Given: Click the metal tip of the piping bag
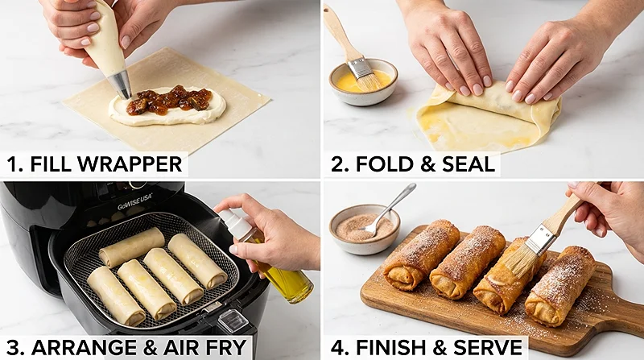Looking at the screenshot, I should tap(122, 84).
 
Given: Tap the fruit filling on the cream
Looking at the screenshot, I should tap(169, 101).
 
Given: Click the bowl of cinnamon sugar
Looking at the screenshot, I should tap(364, 228).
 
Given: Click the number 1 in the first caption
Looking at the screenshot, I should tap(12, 165).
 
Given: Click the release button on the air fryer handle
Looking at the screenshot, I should tap(233, 320).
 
